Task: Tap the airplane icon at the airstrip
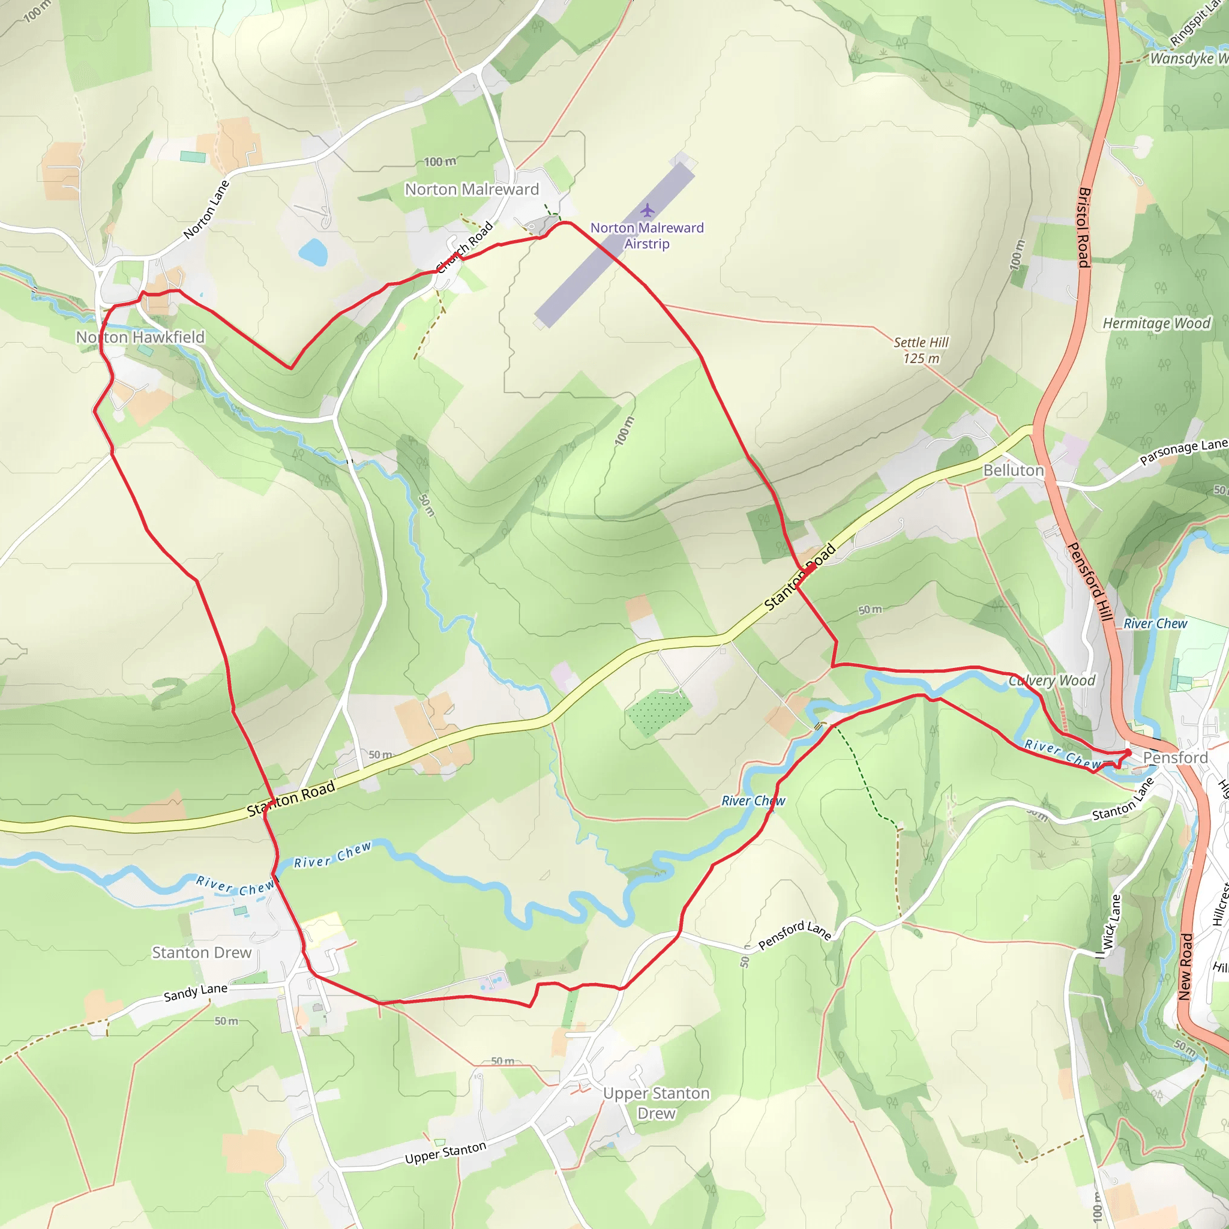[x=647, y=210]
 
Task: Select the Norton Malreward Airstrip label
[x=647, y=236]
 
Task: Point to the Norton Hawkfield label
[x=140, y=337]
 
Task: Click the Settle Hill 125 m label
[x=921, y=350]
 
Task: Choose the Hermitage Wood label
[x=1156, y=324]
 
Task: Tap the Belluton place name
[x=1014, y=470]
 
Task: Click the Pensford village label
[x=1175, y=758]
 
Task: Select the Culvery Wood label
[x=1052, y=681]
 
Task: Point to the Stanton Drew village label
[x=202, y=952]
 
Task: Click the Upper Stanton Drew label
[x=656, y=1103]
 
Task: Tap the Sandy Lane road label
[x=195, y=993]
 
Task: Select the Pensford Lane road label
[x=795, y=935]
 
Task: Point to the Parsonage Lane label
[x=1183, y=451]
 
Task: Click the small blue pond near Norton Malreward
[x=313, y=252]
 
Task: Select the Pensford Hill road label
[x=1089, y=581]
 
